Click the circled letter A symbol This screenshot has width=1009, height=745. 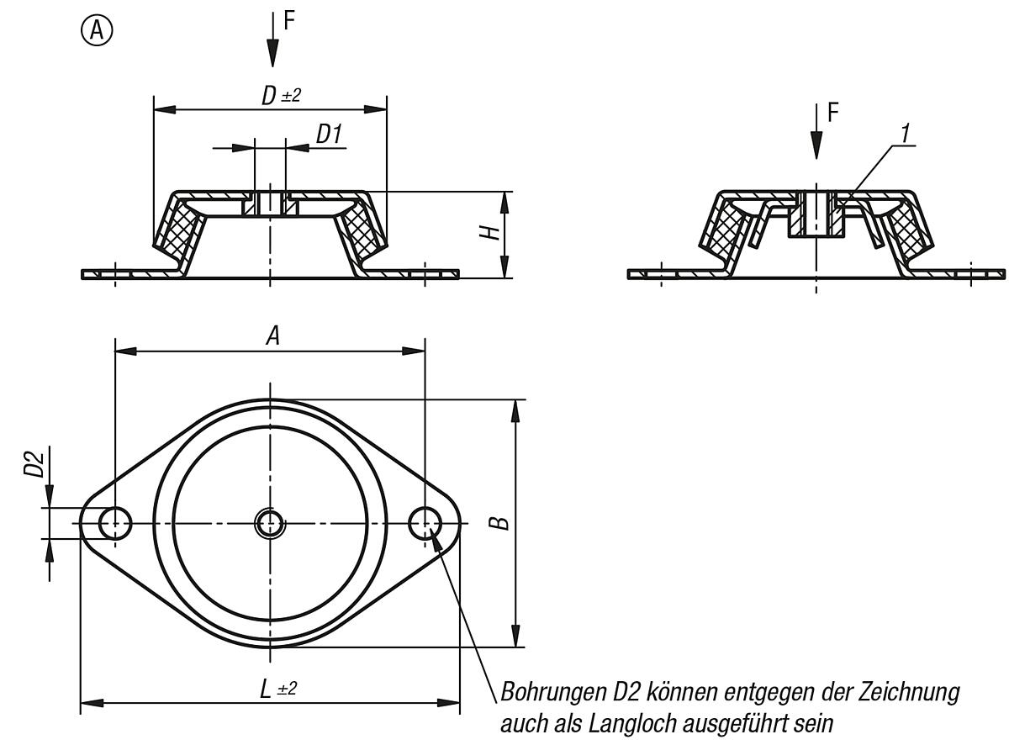[97, 31]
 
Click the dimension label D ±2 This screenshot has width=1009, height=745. [281, 96]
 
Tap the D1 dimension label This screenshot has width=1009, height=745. [329, 135]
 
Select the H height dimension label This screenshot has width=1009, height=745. [490, 233]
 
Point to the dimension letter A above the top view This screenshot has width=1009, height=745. [272, 337]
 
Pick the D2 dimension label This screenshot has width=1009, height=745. [34, 464]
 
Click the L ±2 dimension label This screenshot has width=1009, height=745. [278, 690]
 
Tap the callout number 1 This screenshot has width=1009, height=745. [905, 134]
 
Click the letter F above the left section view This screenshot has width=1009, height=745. [289, 20]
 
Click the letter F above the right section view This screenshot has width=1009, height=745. [833, 113]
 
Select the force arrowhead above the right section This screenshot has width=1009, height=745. [816, 145]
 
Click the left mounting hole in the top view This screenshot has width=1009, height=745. [115, 524]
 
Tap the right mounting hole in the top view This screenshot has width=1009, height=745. [425, 523]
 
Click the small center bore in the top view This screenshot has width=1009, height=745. [270, 524]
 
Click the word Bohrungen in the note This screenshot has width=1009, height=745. [552, 693]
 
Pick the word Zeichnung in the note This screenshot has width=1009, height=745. [909, 693]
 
